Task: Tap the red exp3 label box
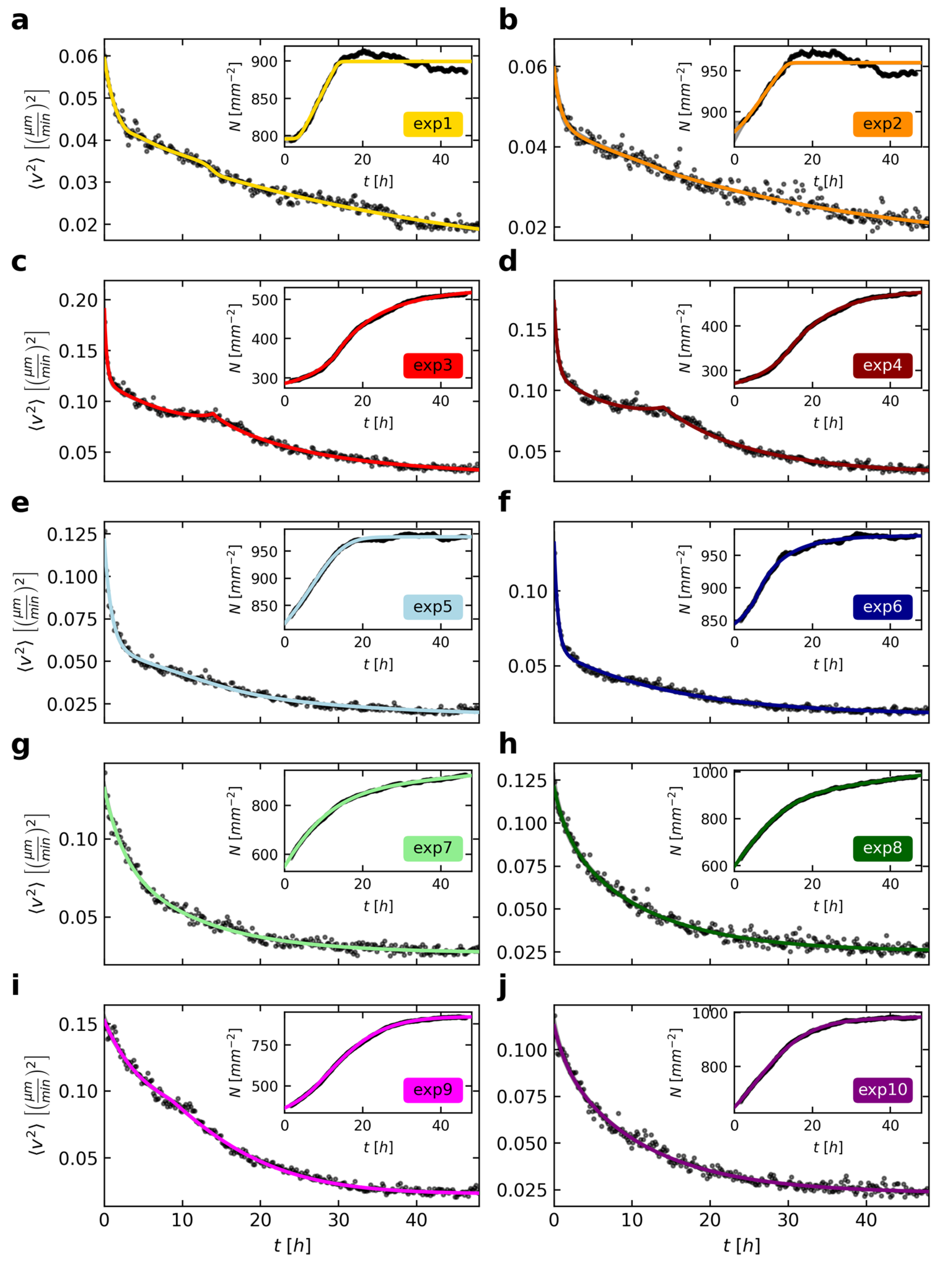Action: [433, 365]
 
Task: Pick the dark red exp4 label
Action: [882, 365]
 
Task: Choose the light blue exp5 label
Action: [433, 607]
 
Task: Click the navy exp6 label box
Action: [882, 607]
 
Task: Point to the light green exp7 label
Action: [433, 848]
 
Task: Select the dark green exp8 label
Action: [882, 848]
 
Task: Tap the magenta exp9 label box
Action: [433, 1090]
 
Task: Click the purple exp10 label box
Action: [882, 1090]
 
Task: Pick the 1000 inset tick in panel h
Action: [710, 772]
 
